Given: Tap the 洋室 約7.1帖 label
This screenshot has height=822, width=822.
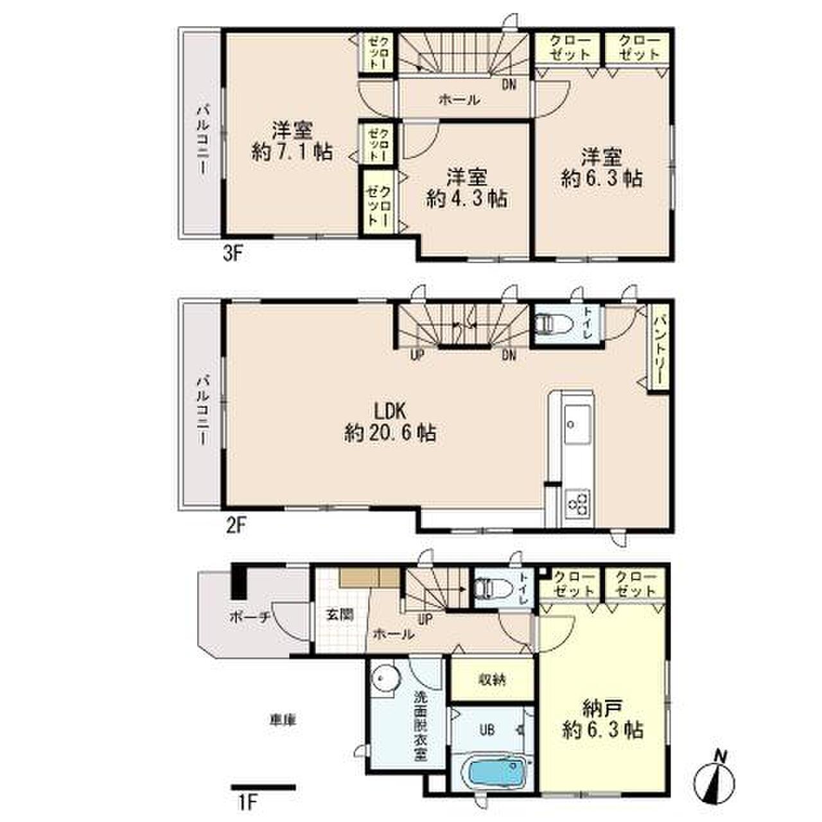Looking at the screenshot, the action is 292,141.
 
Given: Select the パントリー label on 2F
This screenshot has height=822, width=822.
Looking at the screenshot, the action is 659,347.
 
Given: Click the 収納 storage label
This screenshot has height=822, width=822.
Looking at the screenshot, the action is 492,680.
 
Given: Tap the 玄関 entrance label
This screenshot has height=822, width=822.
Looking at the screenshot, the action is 340,615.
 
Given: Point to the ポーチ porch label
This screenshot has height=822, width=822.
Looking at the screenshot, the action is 250,616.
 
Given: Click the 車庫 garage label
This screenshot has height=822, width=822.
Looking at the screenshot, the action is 283,720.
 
